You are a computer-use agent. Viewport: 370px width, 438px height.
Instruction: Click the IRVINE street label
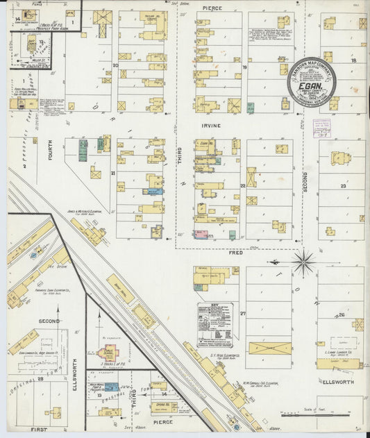[x=211, y=125]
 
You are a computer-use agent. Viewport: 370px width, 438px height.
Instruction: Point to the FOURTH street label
[x=51, y=151]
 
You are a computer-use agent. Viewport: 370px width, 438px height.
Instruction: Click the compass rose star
[x=303, y=263]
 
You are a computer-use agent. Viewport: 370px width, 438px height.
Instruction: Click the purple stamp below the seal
[x=321, y=128]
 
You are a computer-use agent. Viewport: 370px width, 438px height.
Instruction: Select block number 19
[x=244, y=67]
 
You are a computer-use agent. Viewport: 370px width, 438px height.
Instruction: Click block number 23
[x=343, y=186]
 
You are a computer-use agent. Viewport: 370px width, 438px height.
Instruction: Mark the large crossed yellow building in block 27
[x=270, y=348]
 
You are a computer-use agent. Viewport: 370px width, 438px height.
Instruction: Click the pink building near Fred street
[x=201, y=235]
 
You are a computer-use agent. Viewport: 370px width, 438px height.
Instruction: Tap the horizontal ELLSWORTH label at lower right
[x=338, y=382]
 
